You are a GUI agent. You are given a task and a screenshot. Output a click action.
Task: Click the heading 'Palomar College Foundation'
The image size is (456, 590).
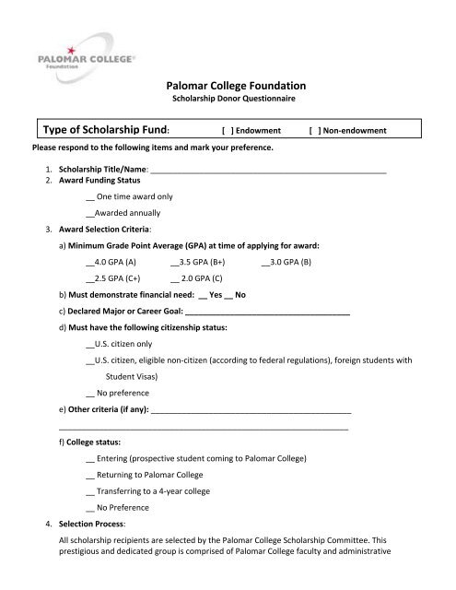(x=227, y=86)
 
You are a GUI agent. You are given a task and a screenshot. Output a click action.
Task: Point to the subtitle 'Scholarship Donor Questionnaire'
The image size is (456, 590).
(x=227, y=99)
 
